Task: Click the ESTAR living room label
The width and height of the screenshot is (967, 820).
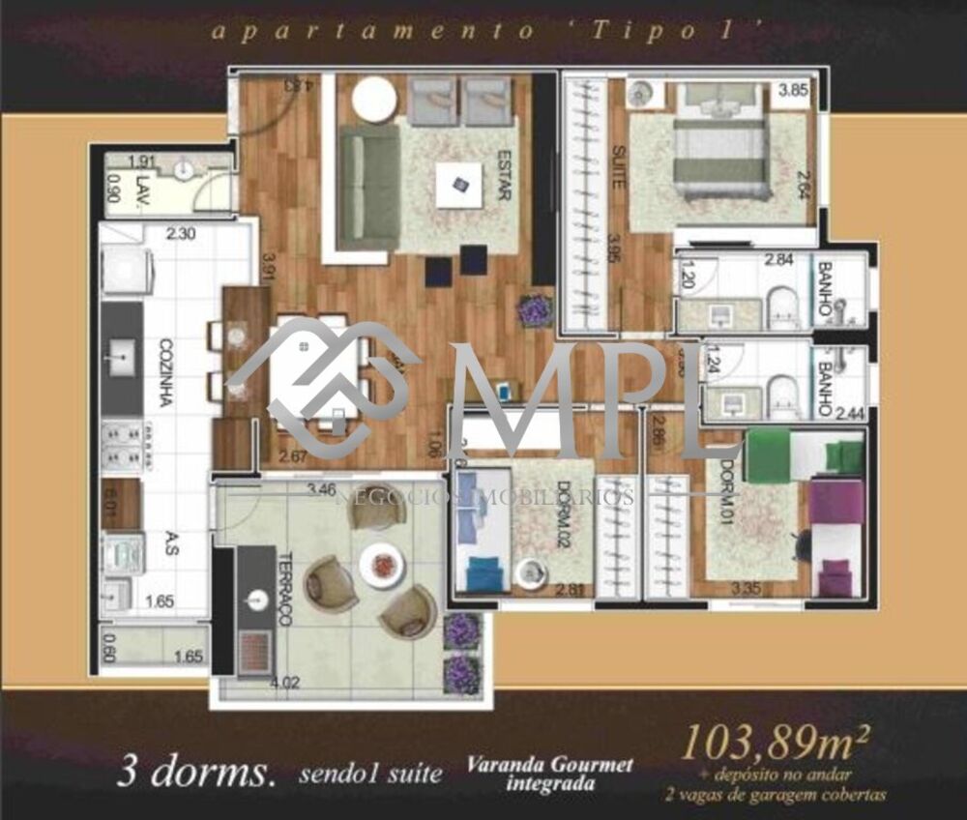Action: click(x=504, y=174)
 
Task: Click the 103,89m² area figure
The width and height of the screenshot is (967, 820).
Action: click(x=776, y=742)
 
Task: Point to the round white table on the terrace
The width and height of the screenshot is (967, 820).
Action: click(x=379, y=565)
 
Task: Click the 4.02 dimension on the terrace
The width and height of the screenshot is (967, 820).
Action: click(x=285, y=683)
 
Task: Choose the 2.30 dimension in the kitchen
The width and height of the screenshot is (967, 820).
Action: click(x=181, y=233)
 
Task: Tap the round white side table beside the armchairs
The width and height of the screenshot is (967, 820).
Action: click(x=372, y=99)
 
